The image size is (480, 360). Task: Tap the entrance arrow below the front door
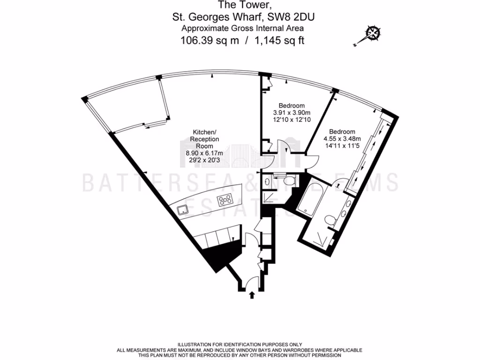(252, 295)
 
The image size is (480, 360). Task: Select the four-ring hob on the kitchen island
(225, 200)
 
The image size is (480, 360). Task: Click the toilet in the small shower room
(287, 180)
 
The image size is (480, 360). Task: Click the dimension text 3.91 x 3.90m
(292, 113)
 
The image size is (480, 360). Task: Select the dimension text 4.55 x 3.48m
(342, 139)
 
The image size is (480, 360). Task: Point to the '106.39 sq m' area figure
(210, 40)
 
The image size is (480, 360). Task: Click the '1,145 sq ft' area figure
(279, 40)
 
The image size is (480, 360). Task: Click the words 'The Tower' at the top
(240, 6)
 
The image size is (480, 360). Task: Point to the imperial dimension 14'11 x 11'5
(342, 146)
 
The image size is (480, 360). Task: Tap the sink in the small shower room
(265, 181)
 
